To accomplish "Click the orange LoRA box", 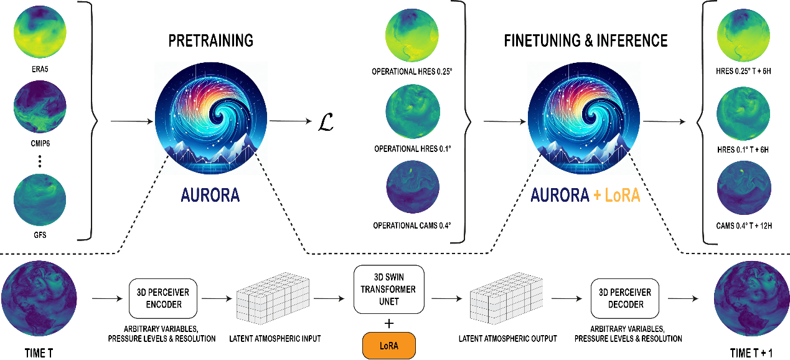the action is tap(388, 346).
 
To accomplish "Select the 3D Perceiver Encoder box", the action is tap(163, 298).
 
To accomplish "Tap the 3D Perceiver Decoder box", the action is tap(625, 298).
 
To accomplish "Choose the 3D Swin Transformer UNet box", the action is tap(388, 290).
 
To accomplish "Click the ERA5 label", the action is tap(40, 69).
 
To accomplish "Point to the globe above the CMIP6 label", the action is tap(40, 107).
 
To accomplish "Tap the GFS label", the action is tap(40, 235).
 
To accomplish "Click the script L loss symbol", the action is tap(326, 122).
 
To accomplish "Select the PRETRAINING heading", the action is tap(211, 40).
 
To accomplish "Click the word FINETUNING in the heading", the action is tap(542, 40).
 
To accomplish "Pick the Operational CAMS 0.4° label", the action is tap(412, 225).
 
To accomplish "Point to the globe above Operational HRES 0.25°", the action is tap(412, 36).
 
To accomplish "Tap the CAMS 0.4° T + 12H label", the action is tap(744, 226).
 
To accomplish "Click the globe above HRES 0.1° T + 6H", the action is tap(743, 113).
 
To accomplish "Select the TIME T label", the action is tap(39, 353).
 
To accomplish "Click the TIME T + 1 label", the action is tap(751, 353).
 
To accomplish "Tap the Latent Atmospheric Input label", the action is tap(275, 339).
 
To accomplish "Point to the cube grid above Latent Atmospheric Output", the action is tap(507, 298).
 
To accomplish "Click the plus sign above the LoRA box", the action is tap(389, 323).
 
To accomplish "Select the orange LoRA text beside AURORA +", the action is tap(623, 195).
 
